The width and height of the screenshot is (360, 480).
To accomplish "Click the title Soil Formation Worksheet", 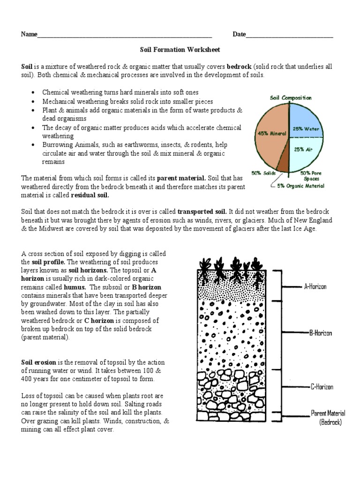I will click(180, 49).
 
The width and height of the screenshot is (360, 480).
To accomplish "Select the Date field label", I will click(239, 35).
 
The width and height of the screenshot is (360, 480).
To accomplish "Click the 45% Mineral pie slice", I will click(270, 134).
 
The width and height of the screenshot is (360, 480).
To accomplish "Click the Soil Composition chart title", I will click(290, 97).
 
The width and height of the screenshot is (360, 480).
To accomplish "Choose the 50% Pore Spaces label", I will click(310, 176).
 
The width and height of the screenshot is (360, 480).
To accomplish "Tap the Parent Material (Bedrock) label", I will click(328, 417).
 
